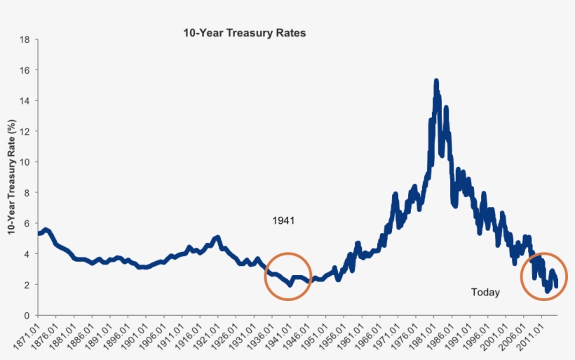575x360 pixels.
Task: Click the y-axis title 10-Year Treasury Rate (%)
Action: (12, 177)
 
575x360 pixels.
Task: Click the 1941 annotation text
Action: (283, 220)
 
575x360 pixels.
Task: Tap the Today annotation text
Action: (485, 292)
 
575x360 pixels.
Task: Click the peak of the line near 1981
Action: (436, 81)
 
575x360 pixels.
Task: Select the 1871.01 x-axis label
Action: (27, 337)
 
